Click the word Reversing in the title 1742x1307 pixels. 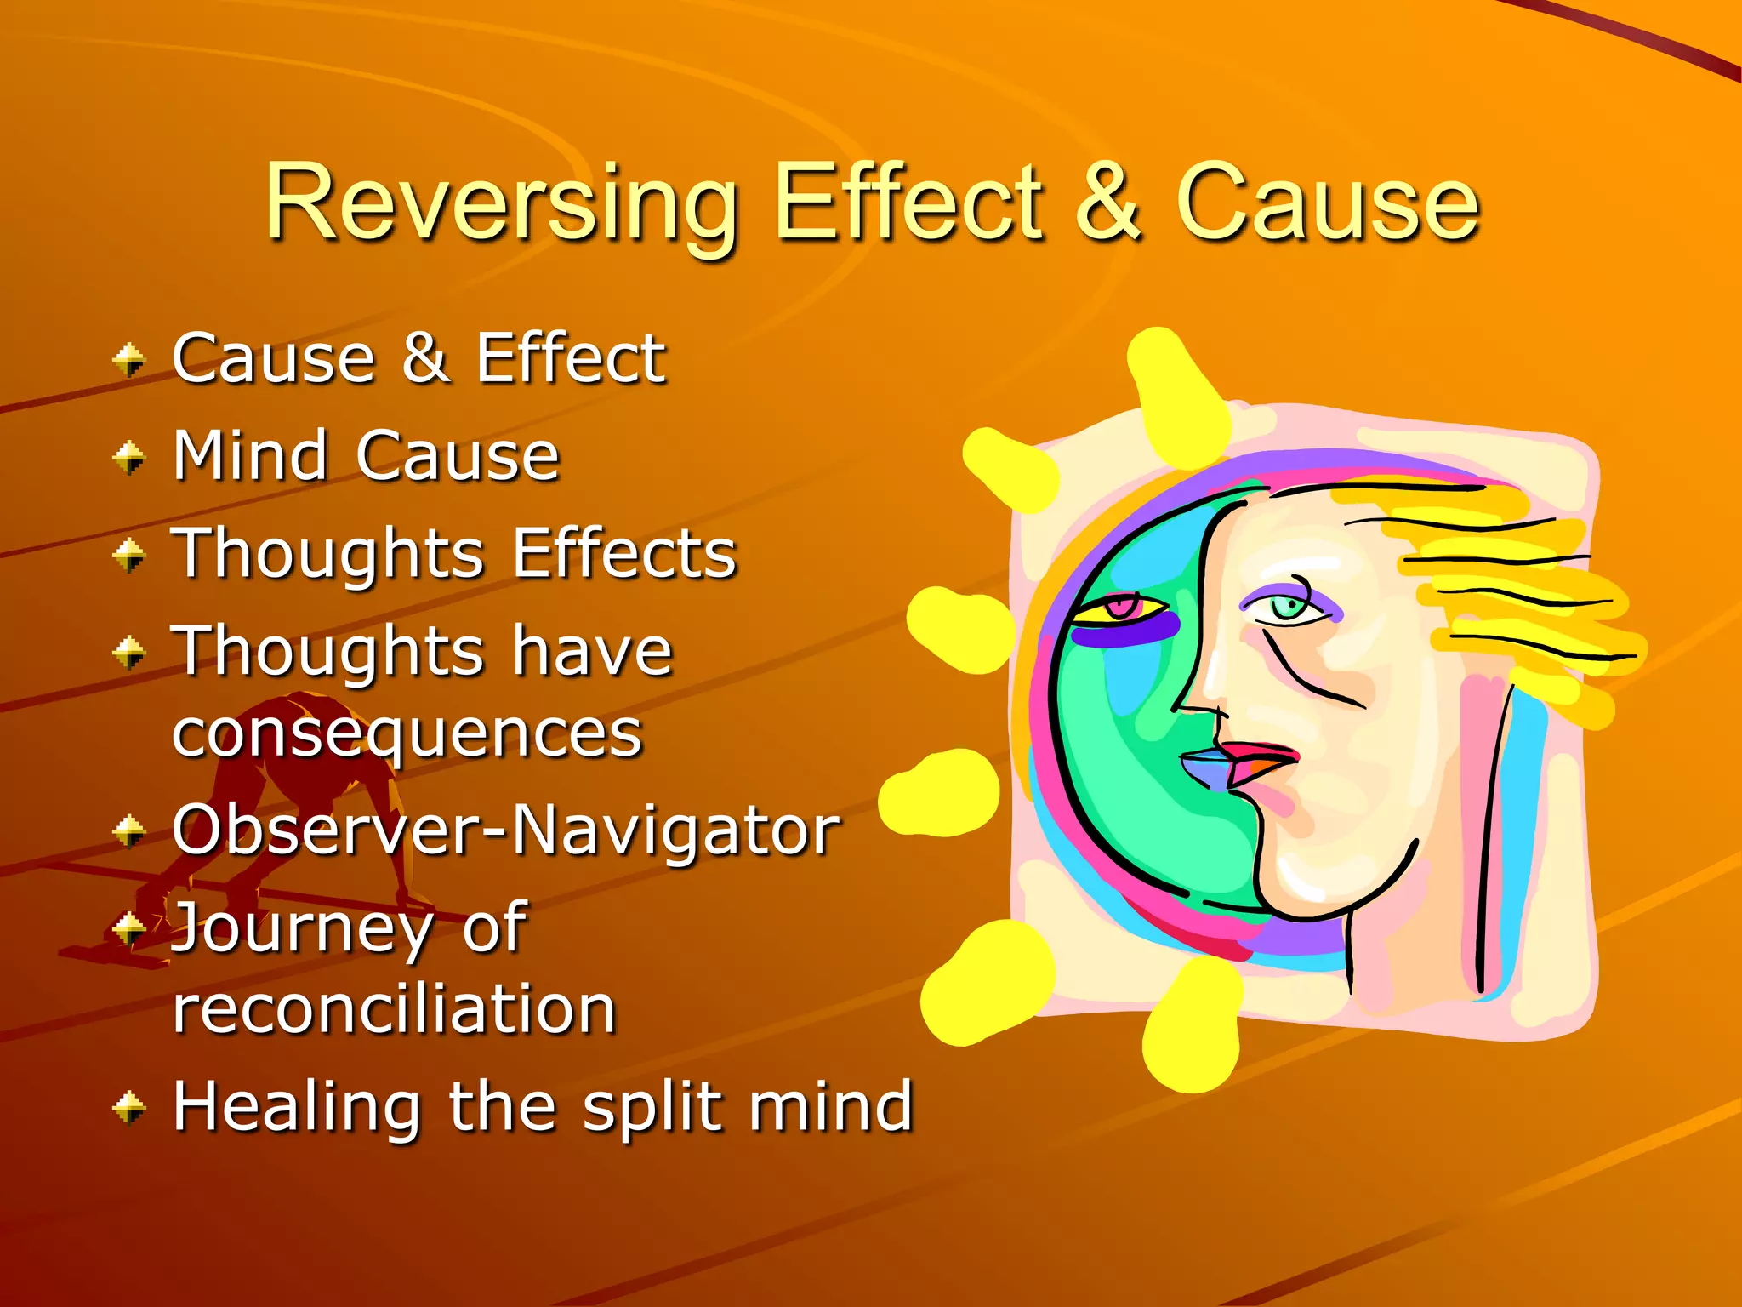click(x=500, y=204)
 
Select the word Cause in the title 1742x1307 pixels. click(x=1327, y=204)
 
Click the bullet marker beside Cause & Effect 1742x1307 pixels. click(x=129, y=360)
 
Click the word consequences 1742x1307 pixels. click(x=407, y=733)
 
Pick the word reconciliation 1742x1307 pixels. click(x=394, y=1009)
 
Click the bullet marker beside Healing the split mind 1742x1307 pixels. click(x=129, y=1107)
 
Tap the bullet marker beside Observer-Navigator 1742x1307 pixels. click(x=129, y=830)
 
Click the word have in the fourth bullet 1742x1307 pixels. click(x=592, y=652)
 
